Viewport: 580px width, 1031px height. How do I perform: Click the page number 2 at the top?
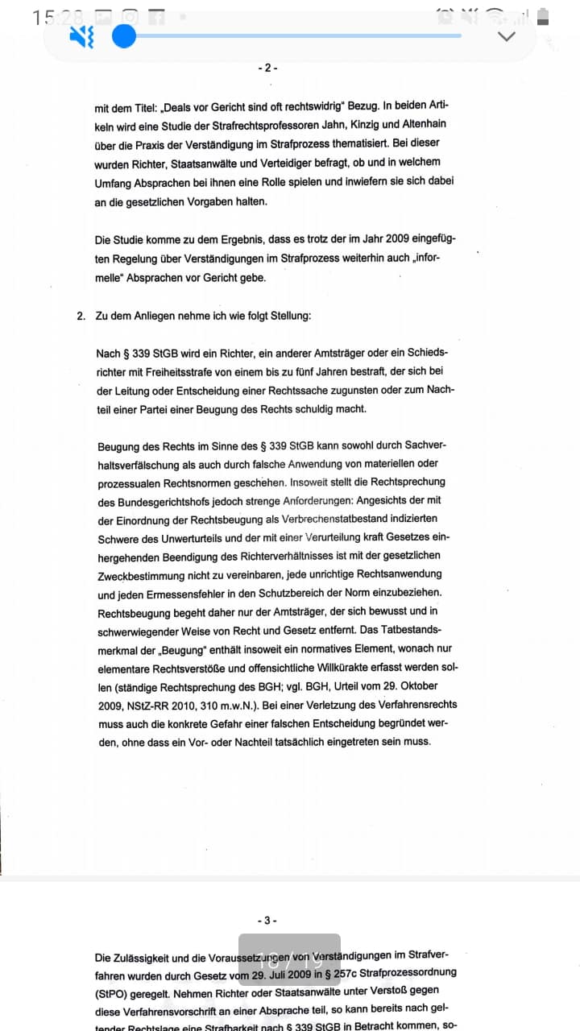[x=268, y=68]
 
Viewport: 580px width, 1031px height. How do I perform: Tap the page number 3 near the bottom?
[x=268, y=920]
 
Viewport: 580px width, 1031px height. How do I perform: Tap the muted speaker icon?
[x=82, y=36]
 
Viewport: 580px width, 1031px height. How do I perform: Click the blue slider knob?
[x=124, y=36]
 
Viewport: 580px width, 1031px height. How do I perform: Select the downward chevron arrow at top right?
[x=507, y=36]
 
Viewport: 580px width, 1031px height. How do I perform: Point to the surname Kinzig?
[x=348, y=124]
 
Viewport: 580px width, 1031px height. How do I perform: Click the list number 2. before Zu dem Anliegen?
[x=81, y=316]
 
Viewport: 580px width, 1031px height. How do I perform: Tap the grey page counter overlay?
[x=289, y=959]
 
